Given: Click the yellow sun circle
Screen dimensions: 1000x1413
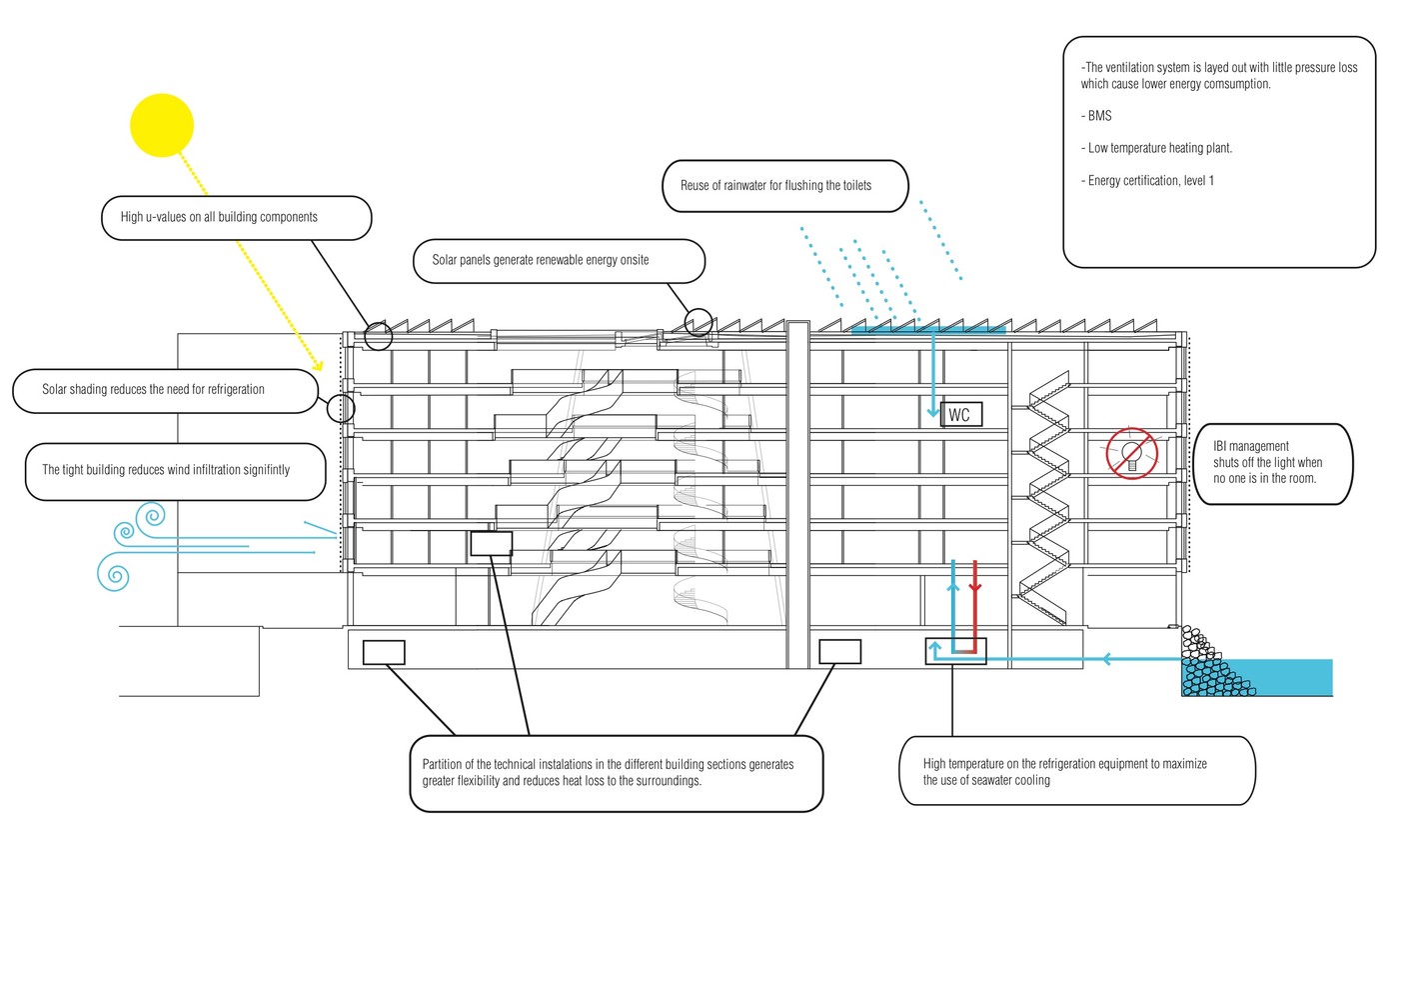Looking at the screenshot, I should click(x=162, y=125).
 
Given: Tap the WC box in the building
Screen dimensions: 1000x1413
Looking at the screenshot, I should click(x=960, y=415).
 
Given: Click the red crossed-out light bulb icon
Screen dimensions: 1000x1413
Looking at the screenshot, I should click(x=1131, y=453).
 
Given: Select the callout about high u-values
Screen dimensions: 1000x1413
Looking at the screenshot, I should click(x=236, y=217).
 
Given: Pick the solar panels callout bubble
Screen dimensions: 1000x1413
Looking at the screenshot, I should click(x=559, y=260).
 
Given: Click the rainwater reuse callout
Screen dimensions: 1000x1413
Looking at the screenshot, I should click(x=785, y=186).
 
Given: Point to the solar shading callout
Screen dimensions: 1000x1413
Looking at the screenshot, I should click(x=166, y=390).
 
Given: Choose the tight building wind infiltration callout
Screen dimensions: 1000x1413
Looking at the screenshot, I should click(x=175, y=470).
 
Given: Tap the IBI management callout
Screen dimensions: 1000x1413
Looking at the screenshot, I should click(x=1272, y=463).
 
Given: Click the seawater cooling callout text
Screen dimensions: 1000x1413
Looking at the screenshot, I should click(x=1065, y=772).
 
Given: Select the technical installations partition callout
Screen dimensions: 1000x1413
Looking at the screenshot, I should click(x=616, y=773).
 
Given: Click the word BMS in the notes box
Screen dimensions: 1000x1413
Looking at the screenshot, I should click(x=1099, y=116).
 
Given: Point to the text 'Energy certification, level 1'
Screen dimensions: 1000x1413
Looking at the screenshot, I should click(x=1150, y=181).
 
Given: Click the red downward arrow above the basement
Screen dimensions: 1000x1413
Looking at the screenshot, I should click(x=975, y=587).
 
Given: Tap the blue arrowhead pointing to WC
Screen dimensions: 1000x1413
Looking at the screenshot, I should click(x=933, y=411).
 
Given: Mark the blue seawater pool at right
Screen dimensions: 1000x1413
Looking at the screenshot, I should click(x=1289, y=677).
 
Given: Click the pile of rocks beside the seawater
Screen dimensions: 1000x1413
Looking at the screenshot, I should click(x=1207, y=665).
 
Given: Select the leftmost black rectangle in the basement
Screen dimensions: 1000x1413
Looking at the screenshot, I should click(x=384, y=652).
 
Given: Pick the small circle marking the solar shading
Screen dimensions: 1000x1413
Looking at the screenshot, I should click(x=341, y=407).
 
